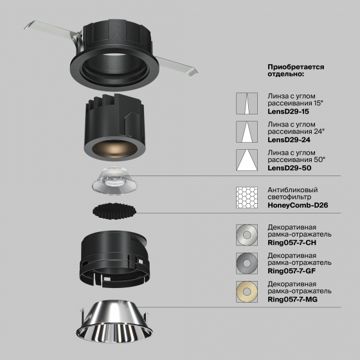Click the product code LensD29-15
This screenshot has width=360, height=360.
[288, 112]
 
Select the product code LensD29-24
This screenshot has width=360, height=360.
[289, 140]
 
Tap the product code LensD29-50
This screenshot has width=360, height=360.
[289, 168]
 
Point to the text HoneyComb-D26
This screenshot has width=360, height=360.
[298, 205]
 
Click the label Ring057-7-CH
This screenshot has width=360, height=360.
[292, 243]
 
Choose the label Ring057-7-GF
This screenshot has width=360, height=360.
[292, 271]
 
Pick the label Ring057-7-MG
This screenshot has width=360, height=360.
[292, 300]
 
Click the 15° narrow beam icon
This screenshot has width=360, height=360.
[247, 104]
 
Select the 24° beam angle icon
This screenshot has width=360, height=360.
[247, 132]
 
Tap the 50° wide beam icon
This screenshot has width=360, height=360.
[247, 160]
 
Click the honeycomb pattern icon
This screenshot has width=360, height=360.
[247, 197]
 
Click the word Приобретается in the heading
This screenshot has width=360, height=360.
[296, 67]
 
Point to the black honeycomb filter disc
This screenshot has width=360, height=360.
[114, 211]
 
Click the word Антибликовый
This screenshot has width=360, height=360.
[292, 190]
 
